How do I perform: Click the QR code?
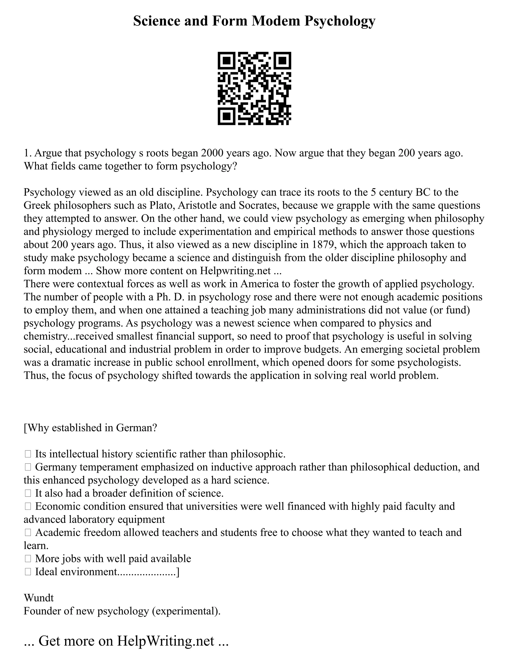coord(254,88)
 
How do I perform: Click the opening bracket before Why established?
coord(25,428)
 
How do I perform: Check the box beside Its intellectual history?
coord(28,454)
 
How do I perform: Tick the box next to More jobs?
coord(28,559)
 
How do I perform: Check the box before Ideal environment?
coord(28,572)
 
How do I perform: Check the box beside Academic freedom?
coord(28,532)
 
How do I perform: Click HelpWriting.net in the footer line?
coord(166,641)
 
